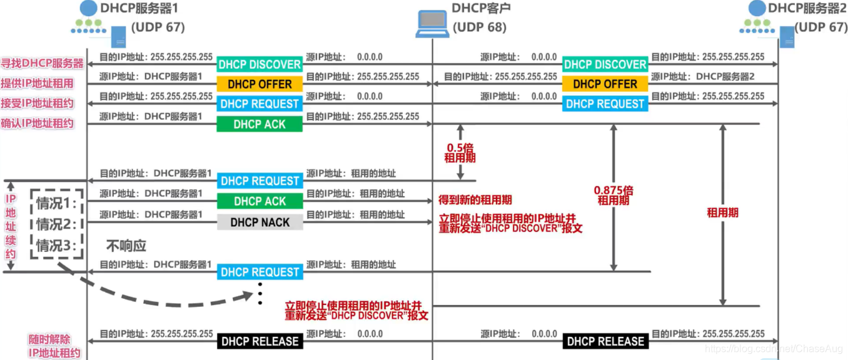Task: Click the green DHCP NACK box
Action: tap(260, 222)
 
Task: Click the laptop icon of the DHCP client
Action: tap(433, 23)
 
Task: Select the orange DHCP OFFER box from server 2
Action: tap(605, 84)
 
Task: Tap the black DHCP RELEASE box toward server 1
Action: tap(260, 341)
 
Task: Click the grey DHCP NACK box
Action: tap(260, 222)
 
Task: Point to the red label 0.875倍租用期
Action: tap(613, 194)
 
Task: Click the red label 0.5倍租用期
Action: tap(460, 153)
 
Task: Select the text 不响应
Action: tap(126, 246)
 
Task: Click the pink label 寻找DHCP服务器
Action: tap(43, 63)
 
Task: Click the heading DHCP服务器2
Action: tap(807, 8)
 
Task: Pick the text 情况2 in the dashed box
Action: tap(56, 224)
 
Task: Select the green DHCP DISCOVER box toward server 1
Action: tap(260, 64)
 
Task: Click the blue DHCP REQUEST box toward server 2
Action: tap(605, 104)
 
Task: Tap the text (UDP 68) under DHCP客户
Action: tap(479, 27)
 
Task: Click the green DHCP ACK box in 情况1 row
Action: tap(260, 201)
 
